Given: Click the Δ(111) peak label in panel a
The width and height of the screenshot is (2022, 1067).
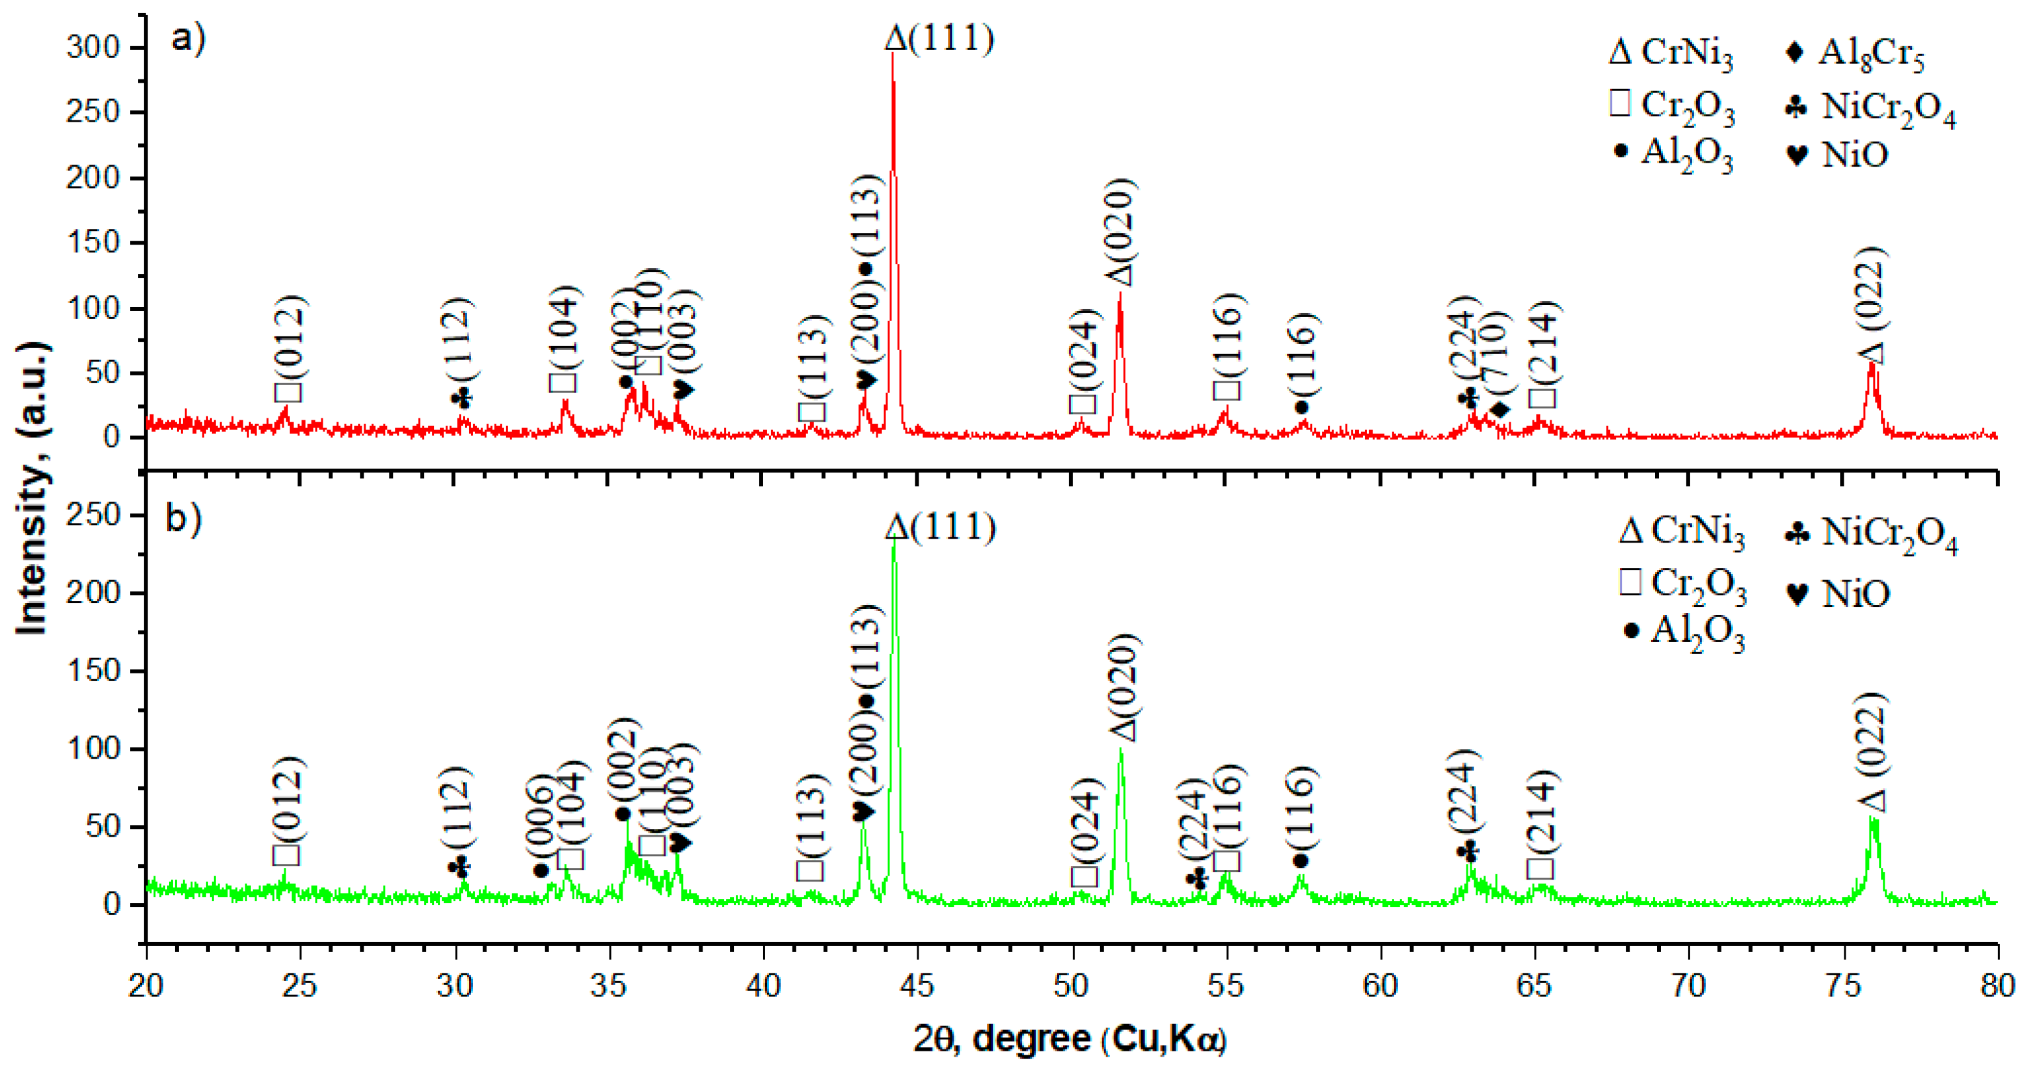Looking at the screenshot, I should pyautogui.click(x=939, y=38).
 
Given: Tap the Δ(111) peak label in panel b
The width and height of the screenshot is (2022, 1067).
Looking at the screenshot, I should pyautogui.click(x=940, y=527).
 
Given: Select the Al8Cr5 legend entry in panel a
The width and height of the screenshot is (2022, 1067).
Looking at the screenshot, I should pyautogui.click(x=1855, y=53).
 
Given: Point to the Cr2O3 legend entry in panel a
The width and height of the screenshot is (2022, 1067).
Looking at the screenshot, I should pyautogui.click(x=1672, y=105).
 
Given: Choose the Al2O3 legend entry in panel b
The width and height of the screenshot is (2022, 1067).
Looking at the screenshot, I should pyautogui.click(x=1684, y=631).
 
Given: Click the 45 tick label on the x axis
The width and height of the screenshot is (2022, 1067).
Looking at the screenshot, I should pyautogui.click(x=917, y=984).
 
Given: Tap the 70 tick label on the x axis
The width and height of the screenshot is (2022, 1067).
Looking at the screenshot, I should pyautogui.click(x=1688, y=984).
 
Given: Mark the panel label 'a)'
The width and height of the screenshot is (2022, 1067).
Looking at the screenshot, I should pyautogui.click(x=189, y=38).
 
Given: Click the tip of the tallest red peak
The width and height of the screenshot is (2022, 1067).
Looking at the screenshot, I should pyautogui.click(x=893, y=53).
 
